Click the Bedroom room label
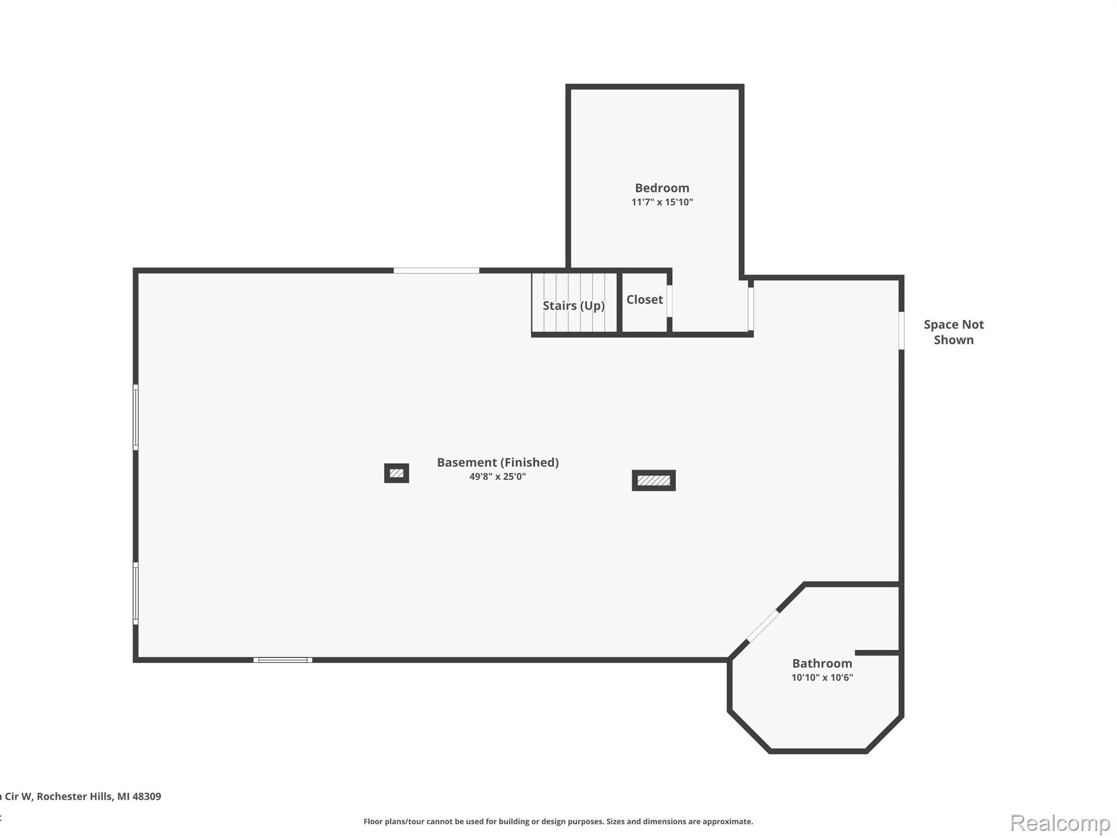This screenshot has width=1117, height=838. pos(662,188)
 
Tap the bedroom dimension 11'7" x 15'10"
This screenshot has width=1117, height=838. pos(662,202)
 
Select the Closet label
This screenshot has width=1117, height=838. pos(644,300)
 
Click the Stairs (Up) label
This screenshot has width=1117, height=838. pos(573,306)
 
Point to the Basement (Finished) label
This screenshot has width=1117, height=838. pos(497,463)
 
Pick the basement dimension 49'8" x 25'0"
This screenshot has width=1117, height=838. pos(497,477)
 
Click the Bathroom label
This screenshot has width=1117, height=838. pos(822,663)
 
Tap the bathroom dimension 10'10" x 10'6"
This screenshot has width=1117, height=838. pos(822,678)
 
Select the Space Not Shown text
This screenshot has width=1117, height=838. pos(953,332)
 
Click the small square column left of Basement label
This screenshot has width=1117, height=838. pos(397,473)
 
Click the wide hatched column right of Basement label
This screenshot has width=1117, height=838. pos(653,480)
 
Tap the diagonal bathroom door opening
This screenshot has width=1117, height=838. pos(762,626)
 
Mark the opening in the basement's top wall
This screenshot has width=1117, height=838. pos(436,271)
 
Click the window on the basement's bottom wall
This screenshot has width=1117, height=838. pos(283,660)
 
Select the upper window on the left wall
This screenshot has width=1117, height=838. pos(136,417)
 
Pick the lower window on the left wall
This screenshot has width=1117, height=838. pos(136,593)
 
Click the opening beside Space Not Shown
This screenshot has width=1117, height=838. pos(901,331)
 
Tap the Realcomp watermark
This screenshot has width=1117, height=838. pos(1060,823)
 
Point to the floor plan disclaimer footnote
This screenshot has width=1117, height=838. pos(558,822)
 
